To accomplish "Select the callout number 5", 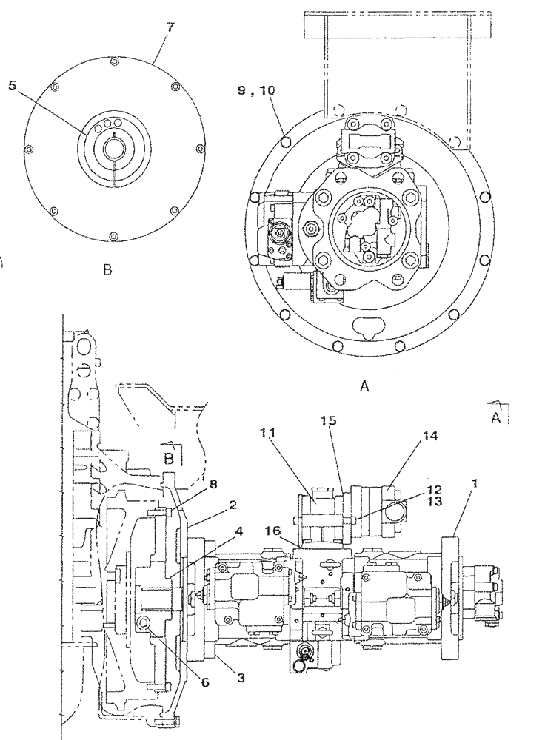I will click(x=12, y=85).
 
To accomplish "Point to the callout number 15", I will click(x=329, y=420).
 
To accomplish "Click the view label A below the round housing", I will click(x=364, y=385).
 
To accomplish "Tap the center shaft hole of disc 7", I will click(x=113, y=149).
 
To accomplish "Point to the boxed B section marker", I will click(x=170, y=457).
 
